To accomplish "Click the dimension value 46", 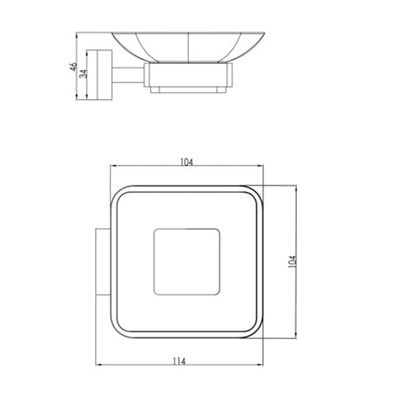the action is (73, 67).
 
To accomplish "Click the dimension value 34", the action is (84, 73).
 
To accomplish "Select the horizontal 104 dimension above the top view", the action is (187, 162).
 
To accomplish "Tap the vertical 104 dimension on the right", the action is (292, 262).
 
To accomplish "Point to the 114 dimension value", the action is (179, 361).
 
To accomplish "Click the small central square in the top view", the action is (187, 262).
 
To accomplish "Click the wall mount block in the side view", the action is (99, 75).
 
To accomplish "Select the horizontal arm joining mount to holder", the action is (128, 75).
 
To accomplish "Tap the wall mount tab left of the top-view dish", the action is (103, 262).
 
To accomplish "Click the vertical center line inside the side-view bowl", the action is (188, 48).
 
